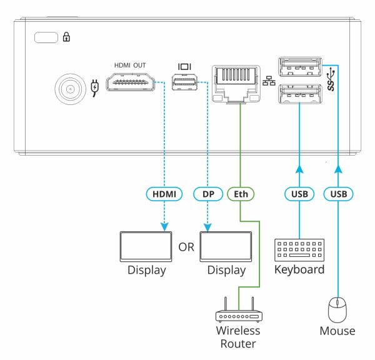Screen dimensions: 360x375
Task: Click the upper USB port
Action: click(299, 66)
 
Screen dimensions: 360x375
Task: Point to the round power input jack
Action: click(69, 89)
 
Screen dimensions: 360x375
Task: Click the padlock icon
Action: click(67, 37)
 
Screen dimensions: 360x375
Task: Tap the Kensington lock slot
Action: click(44, 37)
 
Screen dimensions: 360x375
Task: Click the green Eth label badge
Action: click(240, 194)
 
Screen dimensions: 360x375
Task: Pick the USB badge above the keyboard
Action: click(299, 194)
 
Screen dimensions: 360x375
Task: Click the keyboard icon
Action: click(299, 249)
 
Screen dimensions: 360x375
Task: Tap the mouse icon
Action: click(338, 309)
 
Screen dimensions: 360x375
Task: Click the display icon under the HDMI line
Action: click(146, 247)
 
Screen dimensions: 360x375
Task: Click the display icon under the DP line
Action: click(226, 247)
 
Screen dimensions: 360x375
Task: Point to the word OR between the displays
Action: click(186, 247)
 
